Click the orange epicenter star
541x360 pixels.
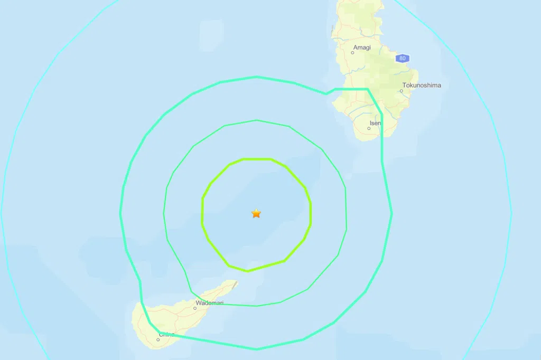pyautogui.click(x=256, y=213)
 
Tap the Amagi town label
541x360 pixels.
pyautogui.click(x=362, y=47)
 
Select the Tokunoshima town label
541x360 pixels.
pyautogui.click(x=421, y=84)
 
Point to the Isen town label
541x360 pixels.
pyautogui.click(x=375, y=123)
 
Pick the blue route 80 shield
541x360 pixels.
pyautogui.click(x=403, y=58)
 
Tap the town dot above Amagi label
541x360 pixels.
pyautogui.click(x=353, y=53)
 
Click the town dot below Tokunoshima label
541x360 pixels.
pyautogui.click(x=401, y=91)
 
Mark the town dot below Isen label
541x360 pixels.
pyautogui.click(x=369, y=128)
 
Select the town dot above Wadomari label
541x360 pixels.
pyautogui.click(x=195, y=308)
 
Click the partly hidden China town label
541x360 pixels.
pyautogui.click(x=166, y=334)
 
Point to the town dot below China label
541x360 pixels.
pyautogui.click(x=158, y=339)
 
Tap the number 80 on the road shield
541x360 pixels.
pyautogui.click(x=403, y=58)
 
